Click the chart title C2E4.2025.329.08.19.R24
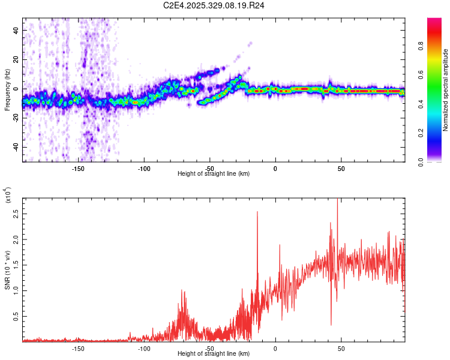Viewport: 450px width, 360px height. [214, 5]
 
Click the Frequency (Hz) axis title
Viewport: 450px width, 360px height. [7, 91]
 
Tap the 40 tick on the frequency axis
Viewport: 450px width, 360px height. [17, 30]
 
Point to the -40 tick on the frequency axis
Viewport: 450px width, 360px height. [16, 147]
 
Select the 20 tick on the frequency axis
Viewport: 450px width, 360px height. [17, 59]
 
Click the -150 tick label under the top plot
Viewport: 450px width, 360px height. [77, 169]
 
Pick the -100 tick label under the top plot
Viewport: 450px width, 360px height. [143, 169]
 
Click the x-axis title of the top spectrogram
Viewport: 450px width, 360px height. [214, 174]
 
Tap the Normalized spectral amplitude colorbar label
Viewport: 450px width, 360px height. [446, 90]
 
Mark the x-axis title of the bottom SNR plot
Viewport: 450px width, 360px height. [214, 354]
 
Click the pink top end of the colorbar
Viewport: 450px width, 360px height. [434, 22]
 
